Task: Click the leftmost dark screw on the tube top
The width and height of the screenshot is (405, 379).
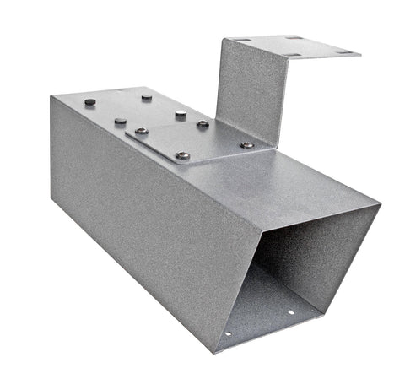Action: pos(90,102)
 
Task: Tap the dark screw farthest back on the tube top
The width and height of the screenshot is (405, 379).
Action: pos(147,97)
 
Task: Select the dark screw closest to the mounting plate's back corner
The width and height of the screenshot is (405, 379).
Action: pos(181,114)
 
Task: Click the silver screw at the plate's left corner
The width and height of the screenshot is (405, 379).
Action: pos(141,131)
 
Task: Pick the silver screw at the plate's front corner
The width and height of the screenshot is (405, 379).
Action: pos(182,155)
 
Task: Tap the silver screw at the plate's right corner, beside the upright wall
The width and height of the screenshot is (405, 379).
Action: pos(246,145)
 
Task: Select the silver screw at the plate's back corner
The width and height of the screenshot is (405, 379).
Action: pos(202,124)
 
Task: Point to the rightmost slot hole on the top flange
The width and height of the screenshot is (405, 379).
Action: pos(343,51)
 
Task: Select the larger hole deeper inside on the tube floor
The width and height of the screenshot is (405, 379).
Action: pos(290,311)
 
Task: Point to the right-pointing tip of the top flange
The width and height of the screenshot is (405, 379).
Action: pos(360,53)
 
